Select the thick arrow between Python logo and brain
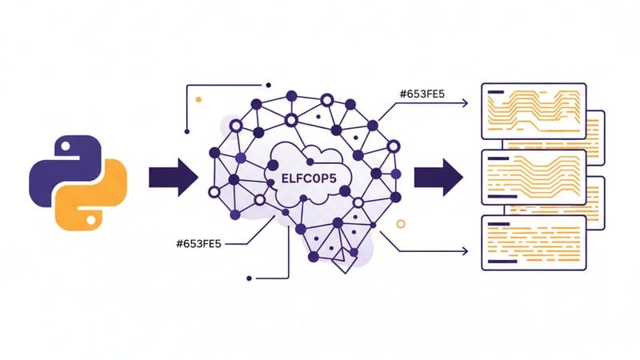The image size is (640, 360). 173,176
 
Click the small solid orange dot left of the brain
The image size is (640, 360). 198,100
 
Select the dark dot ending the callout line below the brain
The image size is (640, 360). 250,278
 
